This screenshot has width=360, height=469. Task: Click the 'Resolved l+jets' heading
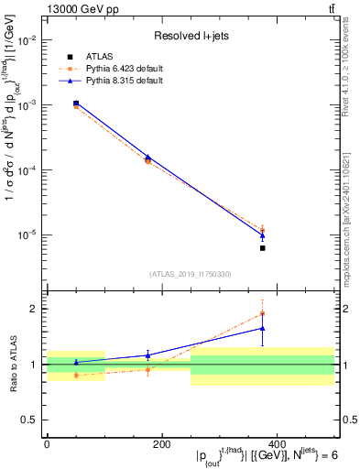(190, 36)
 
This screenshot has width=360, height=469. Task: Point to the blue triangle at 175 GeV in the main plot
(148, 157)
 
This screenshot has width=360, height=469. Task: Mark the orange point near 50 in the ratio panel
(76, 375)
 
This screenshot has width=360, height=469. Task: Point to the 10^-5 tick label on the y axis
(28, 235)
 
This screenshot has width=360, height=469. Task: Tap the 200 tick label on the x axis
(161, 443)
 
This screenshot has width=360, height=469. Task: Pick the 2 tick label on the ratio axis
(35, 309)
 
